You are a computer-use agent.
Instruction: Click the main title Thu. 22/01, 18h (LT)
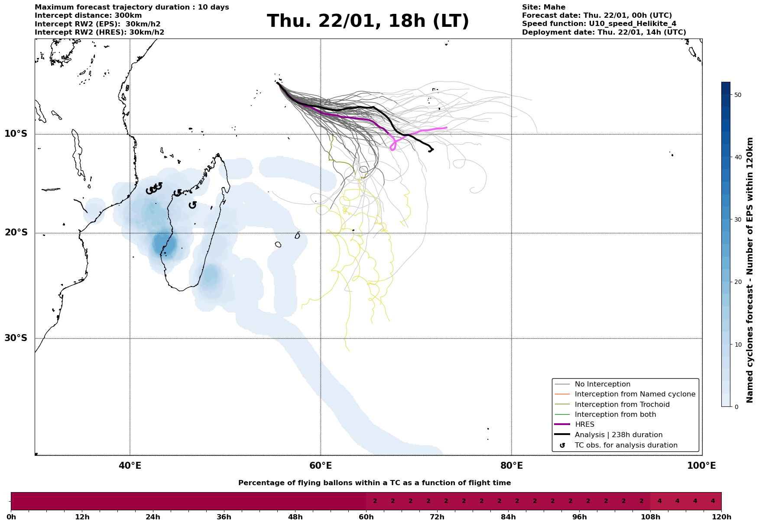click(x=368, y=21)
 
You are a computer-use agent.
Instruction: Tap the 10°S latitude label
click(x=16, y=134)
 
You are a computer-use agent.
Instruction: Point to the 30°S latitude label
click(x=16, y=338)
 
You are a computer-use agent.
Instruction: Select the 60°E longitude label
click(x=321, y=466)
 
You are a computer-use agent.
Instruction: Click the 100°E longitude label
click(x=701, y=466)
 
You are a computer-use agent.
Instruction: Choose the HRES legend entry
click(x=584, y=425)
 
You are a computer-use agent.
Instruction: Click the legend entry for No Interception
click(x=602, y=384)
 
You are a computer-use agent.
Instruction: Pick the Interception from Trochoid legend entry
click(x=622, y=405)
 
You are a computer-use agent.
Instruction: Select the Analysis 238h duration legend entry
click(x=618, y=435)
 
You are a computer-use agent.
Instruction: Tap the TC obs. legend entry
click(x=626, y=445)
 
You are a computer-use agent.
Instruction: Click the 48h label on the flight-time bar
click(x=295, y=517)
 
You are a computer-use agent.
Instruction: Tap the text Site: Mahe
click(x=543, y=7)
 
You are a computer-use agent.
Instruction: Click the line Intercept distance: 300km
click(x=88, y=16)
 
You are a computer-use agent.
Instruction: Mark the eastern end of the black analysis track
click(x=433, y=149)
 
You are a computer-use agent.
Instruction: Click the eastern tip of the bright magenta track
click(x=446, y=128)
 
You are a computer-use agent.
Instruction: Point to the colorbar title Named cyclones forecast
click(x=750, y=270)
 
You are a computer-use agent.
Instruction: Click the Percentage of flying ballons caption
click(x=374, y=483)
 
